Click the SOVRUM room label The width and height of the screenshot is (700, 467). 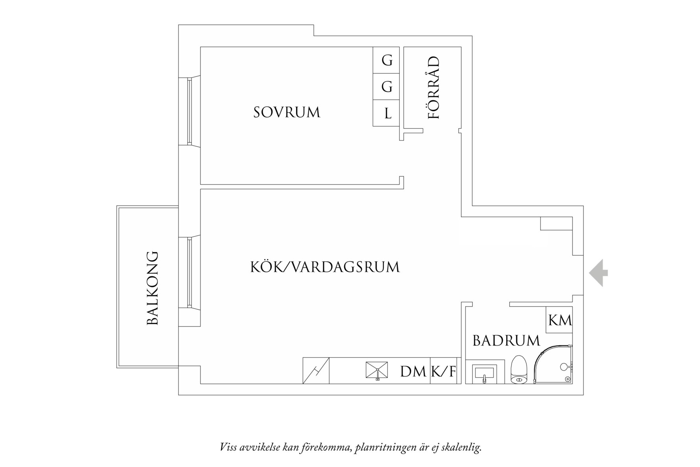[287, 113]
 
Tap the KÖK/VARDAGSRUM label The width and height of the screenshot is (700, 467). [325, 267]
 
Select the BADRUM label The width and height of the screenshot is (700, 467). [506, 341]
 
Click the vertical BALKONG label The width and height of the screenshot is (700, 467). [152, 288]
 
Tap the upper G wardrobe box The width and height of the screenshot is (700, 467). [387, 60]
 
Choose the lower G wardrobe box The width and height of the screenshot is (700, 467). [387, 87]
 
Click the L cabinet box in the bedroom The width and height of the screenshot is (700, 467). [387, 113]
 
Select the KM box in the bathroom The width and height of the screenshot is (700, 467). [560, 320]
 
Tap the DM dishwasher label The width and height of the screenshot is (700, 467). [413, 371]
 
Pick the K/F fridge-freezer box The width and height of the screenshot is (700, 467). [444, 371]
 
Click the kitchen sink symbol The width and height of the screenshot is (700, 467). [377, 371]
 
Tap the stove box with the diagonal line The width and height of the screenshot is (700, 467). [316, 371]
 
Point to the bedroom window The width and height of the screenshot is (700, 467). [190, 111]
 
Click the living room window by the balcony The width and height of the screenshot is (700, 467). [190, 272]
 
